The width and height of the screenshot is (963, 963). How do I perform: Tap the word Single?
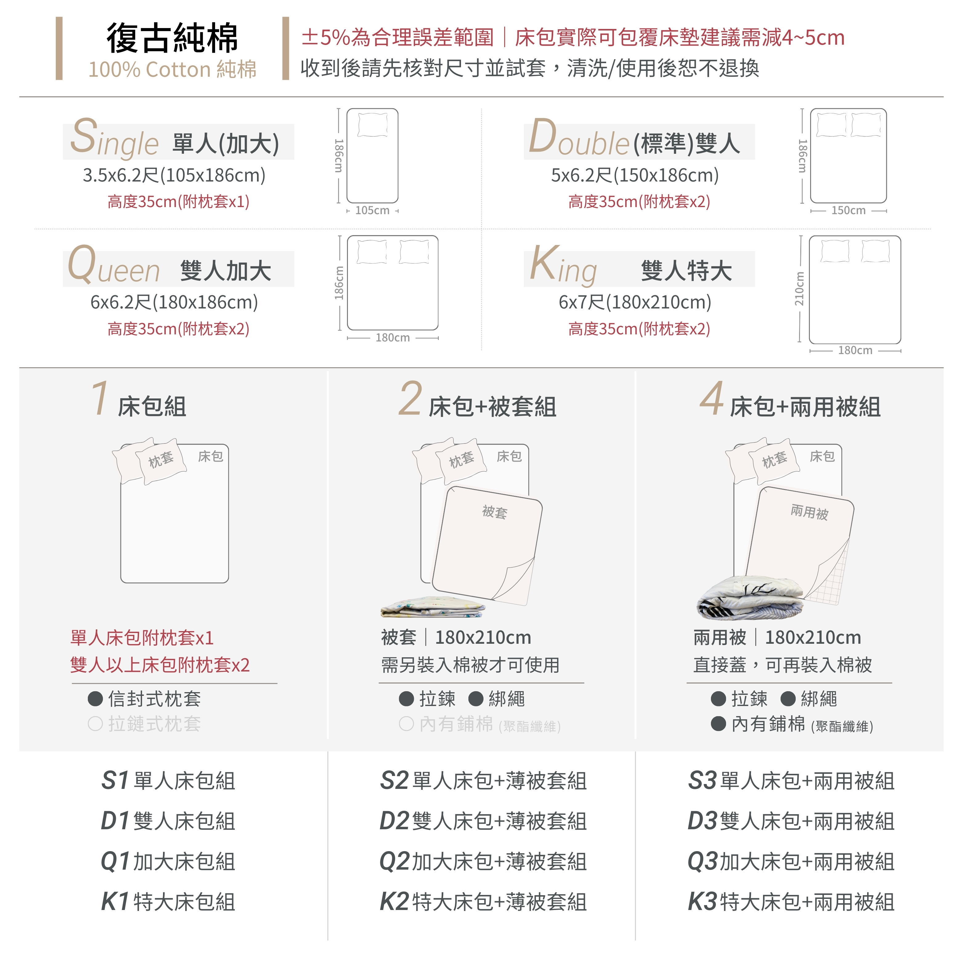click(114, 137)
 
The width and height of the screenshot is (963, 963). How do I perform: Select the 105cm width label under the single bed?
click(372, 210)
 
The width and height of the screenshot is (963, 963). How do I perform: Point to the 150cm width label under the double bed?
click(848, 210)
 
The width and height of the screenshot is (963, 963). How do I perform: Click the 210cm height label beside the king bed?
click(799, 289)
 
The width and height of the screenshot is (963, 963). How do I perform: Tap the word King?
click(563, 266)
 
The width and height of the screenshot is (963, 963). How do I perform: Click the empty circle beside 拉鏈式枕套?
click(95, 724)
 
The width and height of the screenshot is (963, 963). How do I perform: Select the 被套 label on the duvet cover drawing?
click(495, 512)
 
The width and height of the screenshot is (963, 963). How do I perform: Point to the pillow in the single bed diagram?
click(372, 124)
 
